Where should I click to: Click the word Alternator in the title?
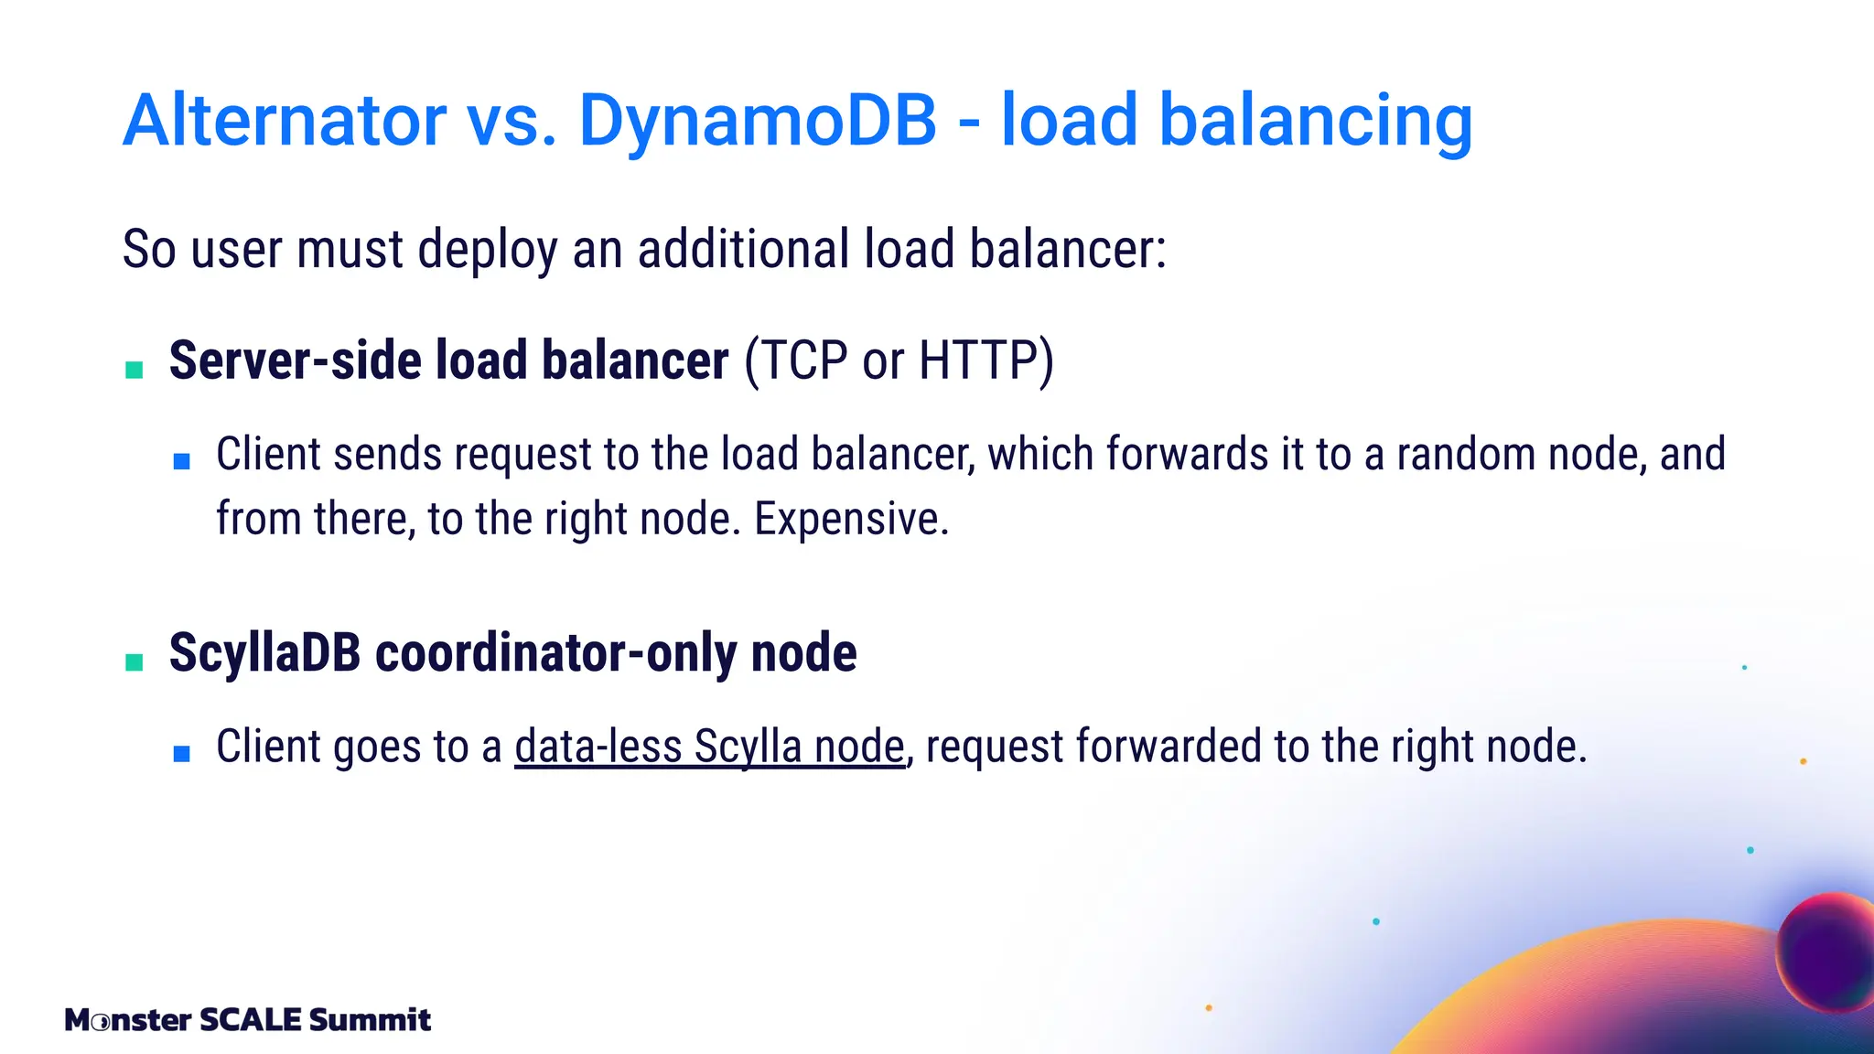point(285,120)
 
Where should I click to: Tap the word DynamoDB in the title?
point(758,120)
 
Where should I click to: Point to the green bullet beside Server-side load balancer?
point(135,370)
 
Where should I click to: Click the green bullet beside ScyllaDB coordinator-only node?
point(135,661)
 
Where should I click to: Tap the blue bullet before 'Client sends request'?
point(181,461)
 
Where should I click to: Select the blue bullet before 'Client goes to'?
point(181,754)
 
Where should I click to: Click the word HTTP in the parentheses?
point(977,360)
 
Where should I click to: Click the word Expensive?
point(851,519)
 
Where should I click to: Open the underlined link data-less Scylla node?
point(709,747)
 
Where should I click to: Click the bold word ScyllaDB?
point(265,653)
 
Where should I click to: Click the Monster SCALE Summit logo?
point(247,1019)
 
